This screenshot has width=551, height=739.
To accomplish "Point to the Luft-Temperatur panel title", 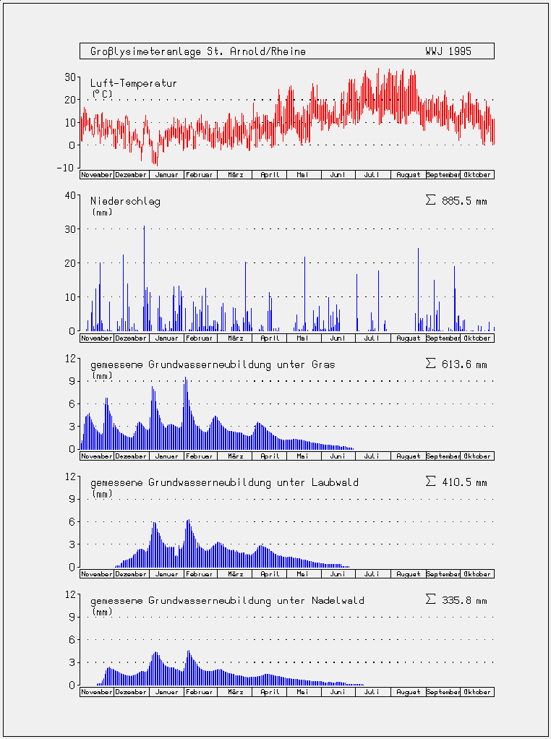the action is [x=134, y=83].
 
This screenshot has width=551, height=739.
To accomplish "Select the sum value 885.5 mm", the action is [x=464, y=202].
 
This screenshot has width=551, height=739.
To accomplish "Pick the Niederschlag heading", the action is [x=125, y=202].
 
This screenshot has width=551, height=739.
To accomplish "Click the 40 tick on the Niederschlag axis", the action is [x=69, y=195].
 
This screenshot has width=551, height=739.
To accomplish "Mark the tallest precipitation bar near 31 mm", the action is [x=144, y=278].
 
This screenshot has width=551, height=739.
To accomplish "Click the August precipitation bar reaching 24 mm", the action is [x=418, y=289].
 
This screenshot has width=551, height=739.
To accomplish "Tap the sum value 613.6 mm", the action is [x=464, y=364].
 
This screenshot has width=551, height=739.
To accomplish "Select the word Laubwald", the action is [x=335, y=482].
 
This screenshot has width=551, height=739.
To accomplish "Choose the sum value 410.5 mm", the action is [x=464, y=482].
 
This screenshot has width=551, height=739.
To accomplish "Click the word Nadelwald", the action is [x=338, y=601].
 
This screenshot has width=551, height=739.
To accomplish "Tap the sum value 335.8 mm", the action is [x=464, y=601].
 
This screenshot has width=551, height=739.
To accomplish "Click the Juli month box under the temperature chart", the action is [x=373, y=175].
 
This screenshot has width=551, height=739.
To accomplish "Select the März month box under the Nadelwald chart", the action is [x=235, y=692].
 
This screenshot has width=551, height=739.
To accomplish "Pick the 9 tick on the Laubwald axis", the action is [x=72, y=499].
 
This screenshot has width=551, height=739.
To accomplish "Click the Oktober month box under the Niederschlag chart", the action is [x=477, y=338].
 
